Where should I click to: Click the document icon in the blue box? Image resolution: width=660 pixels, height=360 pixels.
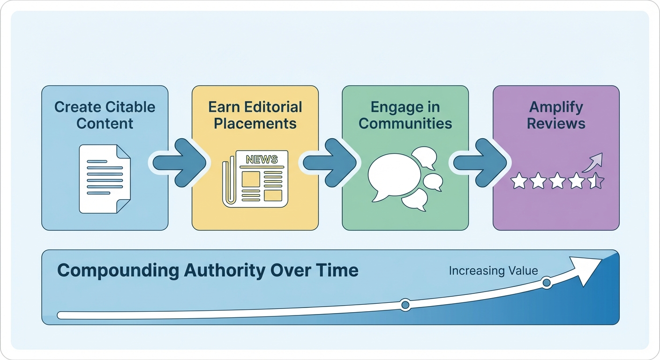click(x=105, y=178)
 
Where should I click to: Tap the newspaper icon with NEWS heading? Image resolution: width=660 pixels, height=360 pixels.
click(x=255, y=179)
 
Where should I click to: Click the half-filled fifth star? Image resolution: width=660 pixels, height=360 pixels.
click(x=596, y=180)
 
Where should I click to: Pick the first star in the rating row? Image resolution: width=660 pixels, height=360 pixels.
click(x=519, y=180)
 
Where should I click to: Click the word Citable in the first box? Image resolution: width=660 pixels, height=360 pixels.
click(x=130, y=107)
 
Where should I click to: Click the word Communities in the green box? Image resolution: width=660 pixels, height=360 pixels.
click(x=405, y=123)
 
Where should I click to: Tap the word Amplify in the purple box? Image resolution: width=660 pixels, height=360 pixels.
click(x=556, y=107)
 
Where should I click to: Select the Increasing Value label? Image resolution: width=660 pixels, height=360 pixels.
click(x=493, y=270)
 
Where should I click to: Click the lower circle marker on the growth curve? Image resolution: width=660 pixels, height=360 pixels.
click(x=405, y=305)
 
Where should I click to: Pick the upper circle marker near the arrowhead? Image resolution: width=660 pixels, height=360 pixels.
click(x=546, y=283)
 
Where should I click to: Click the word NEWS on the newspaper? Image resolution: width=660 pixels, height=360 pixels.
click(x=262, y=159)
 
